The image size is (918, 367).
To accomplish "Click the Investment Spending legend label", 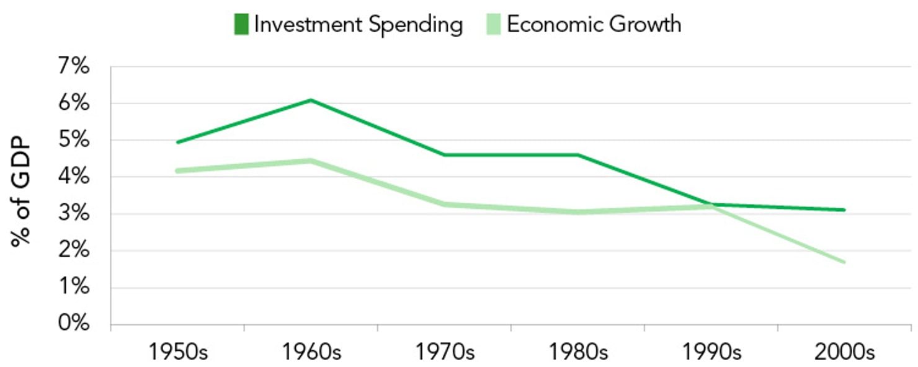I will pyautogui.click(x=358, y=25).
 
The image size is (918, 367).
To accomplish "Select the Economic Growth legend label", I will pyautogui.click(x=594, y=25).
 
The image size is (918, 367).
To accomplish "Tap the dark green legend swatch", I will pyautogui.click(x=241, y=25).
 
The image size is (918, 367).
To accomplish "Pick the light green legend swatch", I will pyautogui.click(x=494, y=25).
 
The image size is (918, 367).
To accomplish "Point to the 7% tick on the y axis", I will pyautogui.click(x=73, y=66).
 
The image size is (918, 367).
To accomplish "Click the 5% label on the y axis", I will pyautogui.click(x=73, y=140).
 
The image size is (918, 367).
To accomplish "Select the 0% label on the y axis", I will pyautogui.click(x=73, y=324).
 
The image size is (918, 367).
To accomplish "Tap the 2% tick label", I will pyautogui.click(x=73, y=251).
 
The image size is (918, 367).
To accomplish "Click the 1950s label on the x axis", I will pyautogui.click(x=177, y=352).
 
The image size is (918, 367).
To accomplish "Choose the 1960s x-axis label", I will pyautogui.click(x=311, y=352).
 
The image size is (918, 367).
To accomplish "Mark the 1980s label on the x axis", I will pyautogui.click(x=578, y=352).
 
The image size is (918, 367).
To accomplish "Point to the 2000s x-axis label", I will pyautogui.click(x=845, y=352).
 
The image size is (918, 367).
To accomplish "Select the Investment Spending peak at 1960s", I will pyautogui.click(x=311, y=100).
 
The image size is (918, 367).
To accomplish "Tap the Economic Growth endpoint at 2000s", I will pyautogui.click(x=844, y=262).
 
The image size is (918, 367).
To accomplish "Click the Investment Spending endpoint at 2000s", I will pyautogui.click(x=844, y=210).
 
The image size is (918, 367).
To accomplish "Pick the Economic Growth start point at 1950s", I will pyautogui.click(x=178, y=170).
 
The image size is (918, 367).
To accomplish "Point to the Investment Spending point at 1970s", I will pyautogui.click(x=444, y=155).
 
